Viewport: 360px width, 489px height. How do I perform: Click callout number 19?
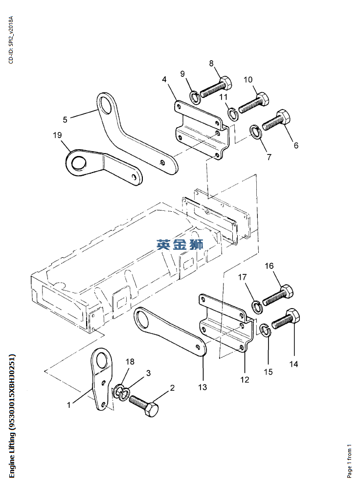tap(57, 135)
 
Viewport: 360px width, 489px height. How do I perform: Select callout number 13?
tap(202, 387)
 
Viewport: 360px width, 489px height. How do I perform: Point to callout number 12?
tap(245, 379)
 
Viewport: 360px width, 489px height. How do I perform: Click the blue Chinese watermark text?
tap(180, 244)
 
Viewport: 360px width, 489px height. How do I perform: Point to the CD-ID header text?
tap(11, 40)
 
